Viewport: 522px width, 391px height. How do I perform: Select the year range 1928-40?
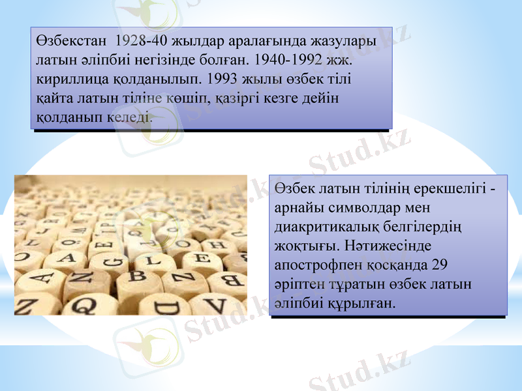tap(140, 40)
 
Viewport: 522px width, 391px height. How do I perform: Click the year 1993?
tap(223, 80)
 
